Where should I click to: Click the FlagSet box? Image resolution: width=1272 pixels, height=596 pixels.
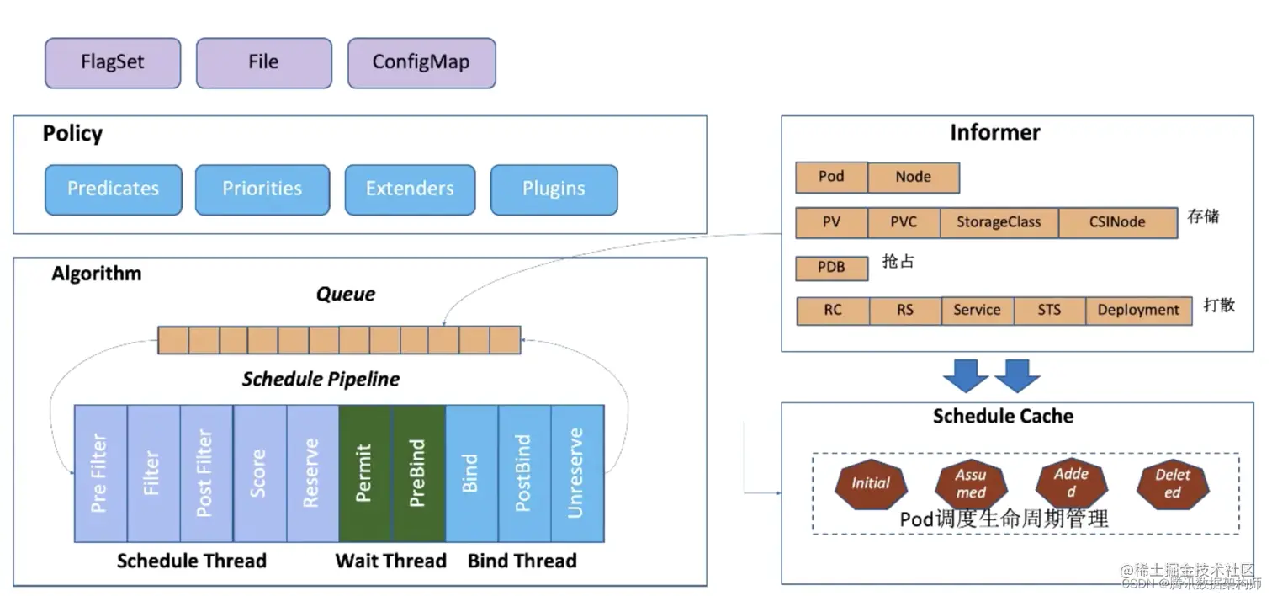click(x=113, y=62)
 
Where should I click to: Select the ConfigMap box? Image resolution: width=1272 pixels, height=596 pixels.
click(x=421, y=62)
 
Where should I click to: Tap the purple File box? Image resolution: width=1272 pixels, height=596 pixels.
click(x=263, y=62)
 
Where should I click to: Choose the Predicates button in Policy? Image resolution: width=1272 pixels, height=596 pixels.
click(x=113, y=189)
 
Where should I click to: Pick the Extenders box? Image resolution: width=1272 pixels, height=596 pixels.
click(x=410, y=189)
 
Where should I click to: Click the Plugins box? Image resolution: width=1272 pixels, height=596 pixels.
click(x=554, y=189)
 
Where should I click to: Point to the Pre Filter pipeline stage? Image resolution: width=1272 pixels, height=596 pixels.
click(x=100, y=473)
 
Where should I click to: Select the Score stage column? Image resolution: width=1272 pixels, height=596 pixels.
click(x=259, y=473)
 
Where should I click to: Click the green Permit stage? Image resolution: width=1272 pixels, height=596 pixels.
click(x=364, y=473)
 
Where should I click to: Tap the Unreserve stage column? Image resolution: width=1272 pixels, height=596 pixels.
click(x=577, y=473)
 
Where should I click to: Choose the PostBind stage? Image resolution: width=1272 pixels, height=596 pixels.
click(x=524, y=473)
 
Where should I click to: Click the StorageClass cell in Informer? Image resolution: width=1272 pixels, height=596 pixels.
click(x=999, y=223)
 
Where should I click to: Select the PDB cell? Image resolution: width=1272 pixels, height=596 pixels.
click(x=831, y=269)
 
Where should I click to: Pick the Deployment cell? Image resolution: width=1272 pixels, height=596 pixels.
click(x=1138, y=311)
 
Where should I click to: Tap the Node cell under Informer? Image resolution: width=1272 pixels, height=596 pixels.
click(x=914, y=178)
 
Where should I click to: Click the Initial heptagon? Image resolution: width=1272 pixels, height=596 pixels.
click(x=871, y=483)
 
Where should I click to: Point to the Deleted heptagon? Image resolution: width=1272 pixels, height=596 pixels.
click(x=1173, y=483)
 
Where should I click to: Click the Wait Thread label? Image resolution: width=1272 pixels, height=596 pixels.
click(x=390, y=561)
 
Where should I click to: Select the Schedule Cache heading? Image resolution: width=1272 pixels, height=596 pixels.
click(x=1003, y=416)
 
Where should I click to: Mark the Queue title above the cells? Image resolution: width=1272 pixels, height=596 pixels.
click(x=346, y=295)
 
